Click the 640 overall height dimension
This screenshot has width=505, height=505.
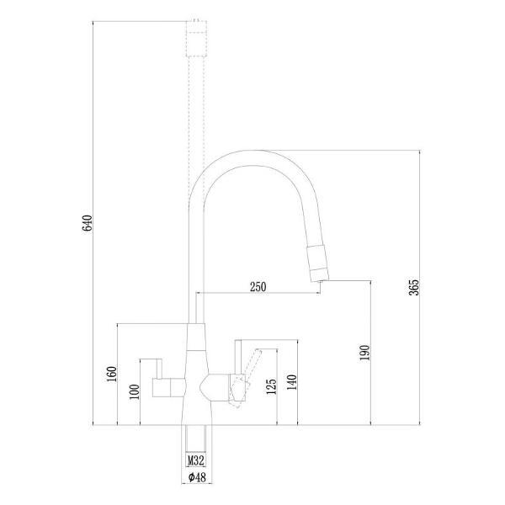click(x=86, y=225)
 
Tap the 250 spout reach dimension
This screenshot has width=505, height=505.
click(x=258, y=287)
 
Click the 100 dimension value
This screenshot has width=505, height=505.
click(x=131, y=391)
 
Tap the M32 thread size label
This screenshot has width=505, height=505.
click(x=195, y=461)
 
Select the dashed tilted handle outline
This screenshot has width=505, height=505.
click(x=242, y=390)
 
